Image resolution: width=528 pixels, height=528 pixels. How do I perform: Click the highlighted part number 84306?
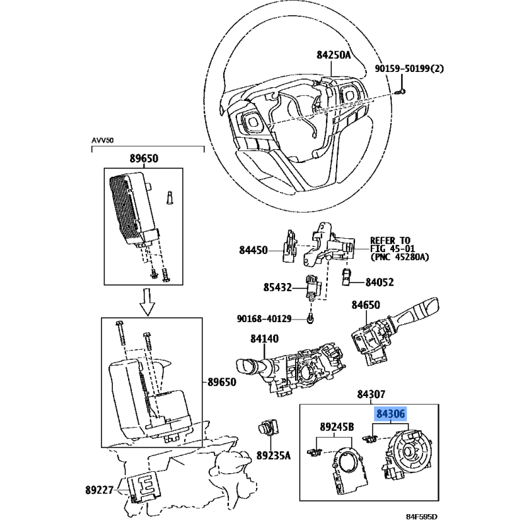pos(391,414)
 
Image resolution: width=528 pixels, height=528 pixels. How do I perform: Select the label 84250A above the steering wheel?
pos(333,55)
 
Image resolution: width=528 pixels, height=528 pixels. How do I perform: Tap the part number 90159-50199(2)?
pos(409,69)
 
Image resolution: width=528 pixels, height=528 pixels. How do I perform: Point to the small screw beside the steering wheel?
pos(401,91)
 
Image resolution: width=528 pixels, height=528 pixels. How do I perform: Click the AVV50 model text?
pos(103,141)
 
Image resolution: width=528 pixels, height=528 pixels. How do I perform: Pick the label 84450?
pos(253,250)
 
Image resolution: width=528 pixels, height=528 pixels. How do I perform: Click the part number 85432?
pos(277,288)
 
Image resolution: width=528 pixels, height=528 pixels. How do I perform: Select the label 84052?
pos(379,282)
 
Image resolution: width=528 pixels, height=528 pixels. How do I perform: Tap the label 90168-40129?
pos(264,319)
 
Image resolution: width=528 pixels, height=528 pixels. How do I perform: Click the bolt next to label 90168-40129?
pos(310,318)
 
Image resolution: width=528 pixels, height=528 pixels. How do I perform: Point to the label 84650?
pos(366,305)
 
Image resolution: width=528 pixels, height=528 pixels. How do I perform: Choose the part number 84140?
pos(265,339)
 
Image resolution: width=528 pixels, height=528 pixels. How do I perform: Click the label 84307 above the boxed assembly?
pos(371,394)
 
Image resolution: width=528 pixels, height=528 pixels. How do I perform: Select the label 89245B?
pos(337,427)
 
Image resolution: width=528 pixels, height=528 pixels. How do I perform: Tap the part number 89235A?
pos(273,455)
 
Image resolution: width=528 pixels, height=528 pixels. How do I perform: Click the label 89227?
pos(99,490)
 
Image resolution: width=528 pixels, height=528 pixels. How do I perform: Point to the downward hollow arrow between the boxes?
pos(147,302)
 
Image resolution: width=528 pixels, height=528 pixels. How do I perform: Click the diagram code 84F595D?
pos(422,517)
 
